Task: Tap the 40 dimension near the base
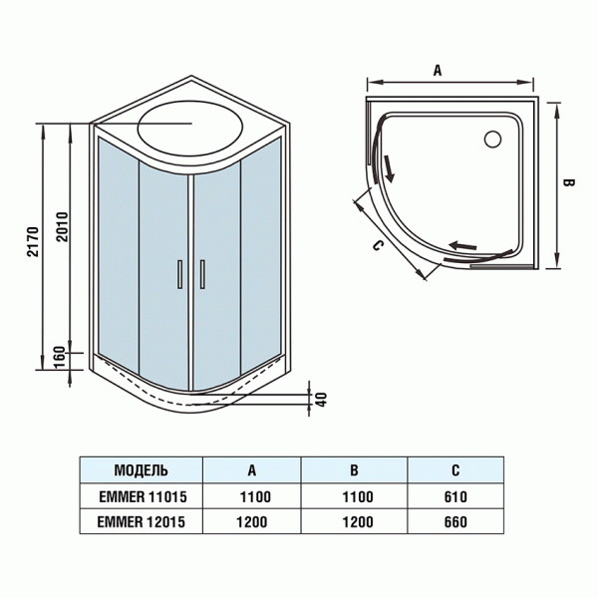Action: [320, 397]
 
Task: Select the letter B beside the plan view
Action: [565, 184]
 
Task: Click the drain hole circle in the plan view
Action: [492, 140]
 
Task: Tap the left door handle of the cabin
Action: [179, 274]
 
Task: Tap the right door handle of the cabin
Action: [201, 274]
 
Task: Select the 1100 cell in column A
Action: [252, 495]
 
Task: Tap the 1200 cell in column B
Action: [356, 519]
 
